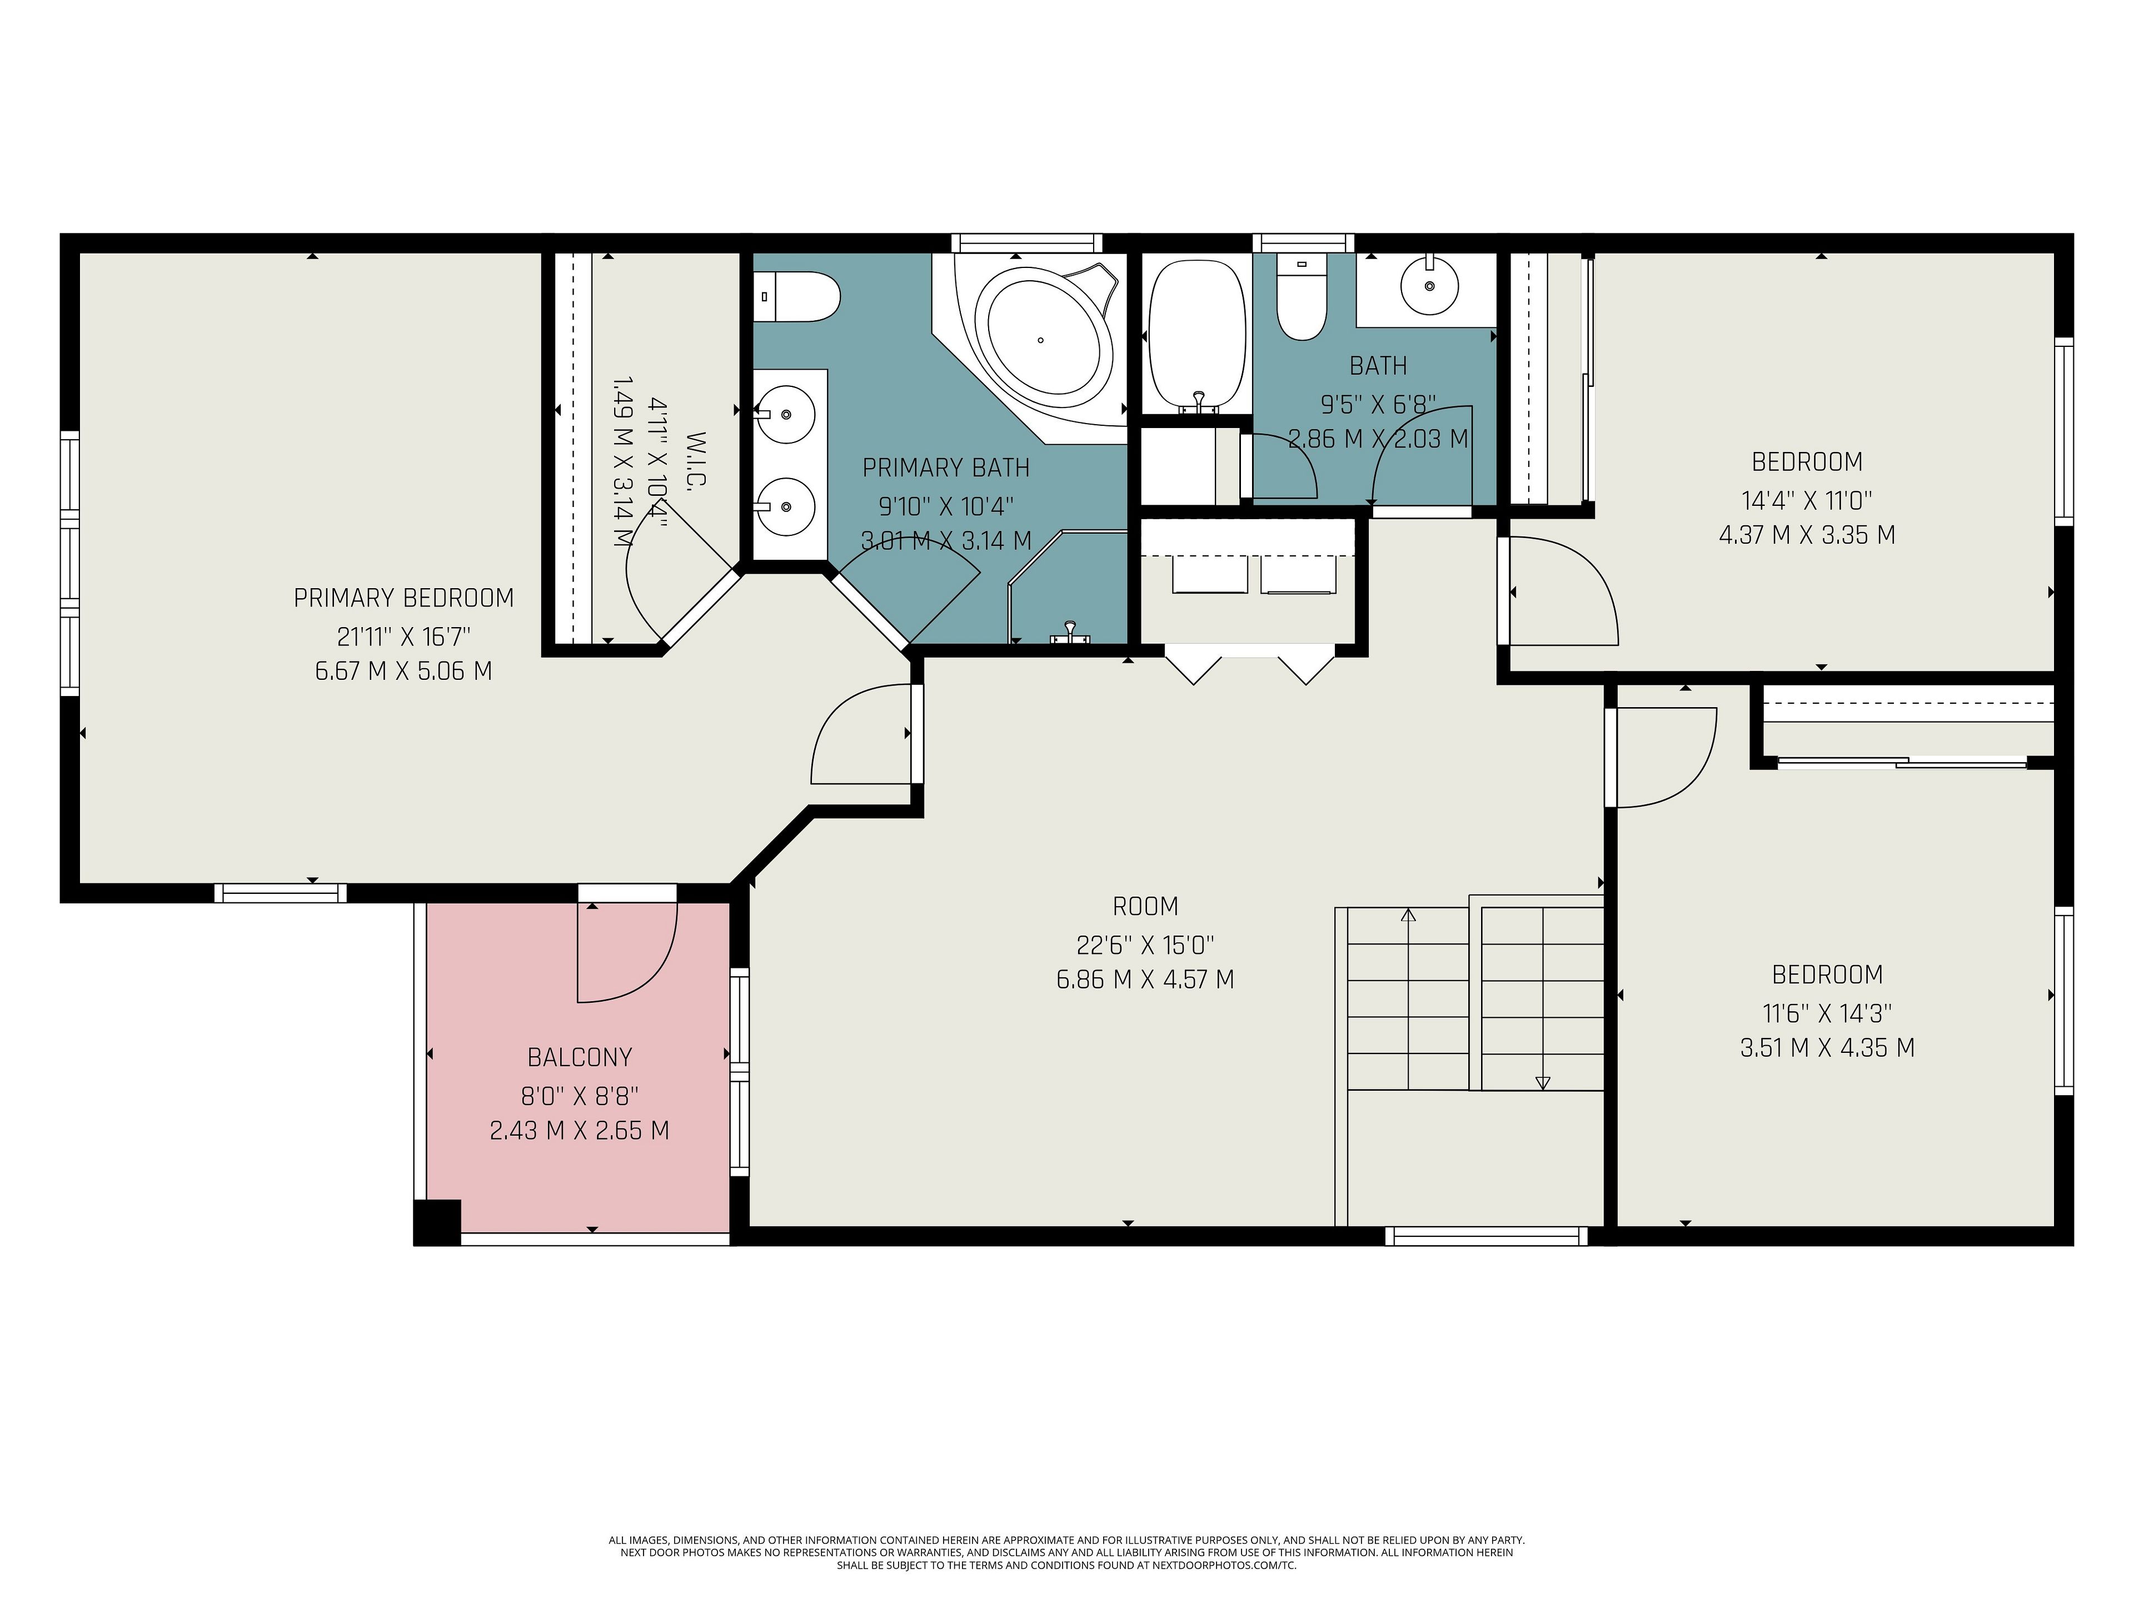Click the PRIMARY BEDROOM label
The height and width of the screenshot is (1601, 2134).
click(403, 598)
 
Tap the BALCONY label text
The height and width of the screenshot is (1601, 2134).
click(580, 1058)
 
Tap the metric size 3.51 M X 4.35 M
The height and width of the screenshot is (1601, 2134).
click(1827, 1048)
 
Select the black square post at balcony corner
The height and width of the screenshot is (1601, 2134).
click(437, 1222)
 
